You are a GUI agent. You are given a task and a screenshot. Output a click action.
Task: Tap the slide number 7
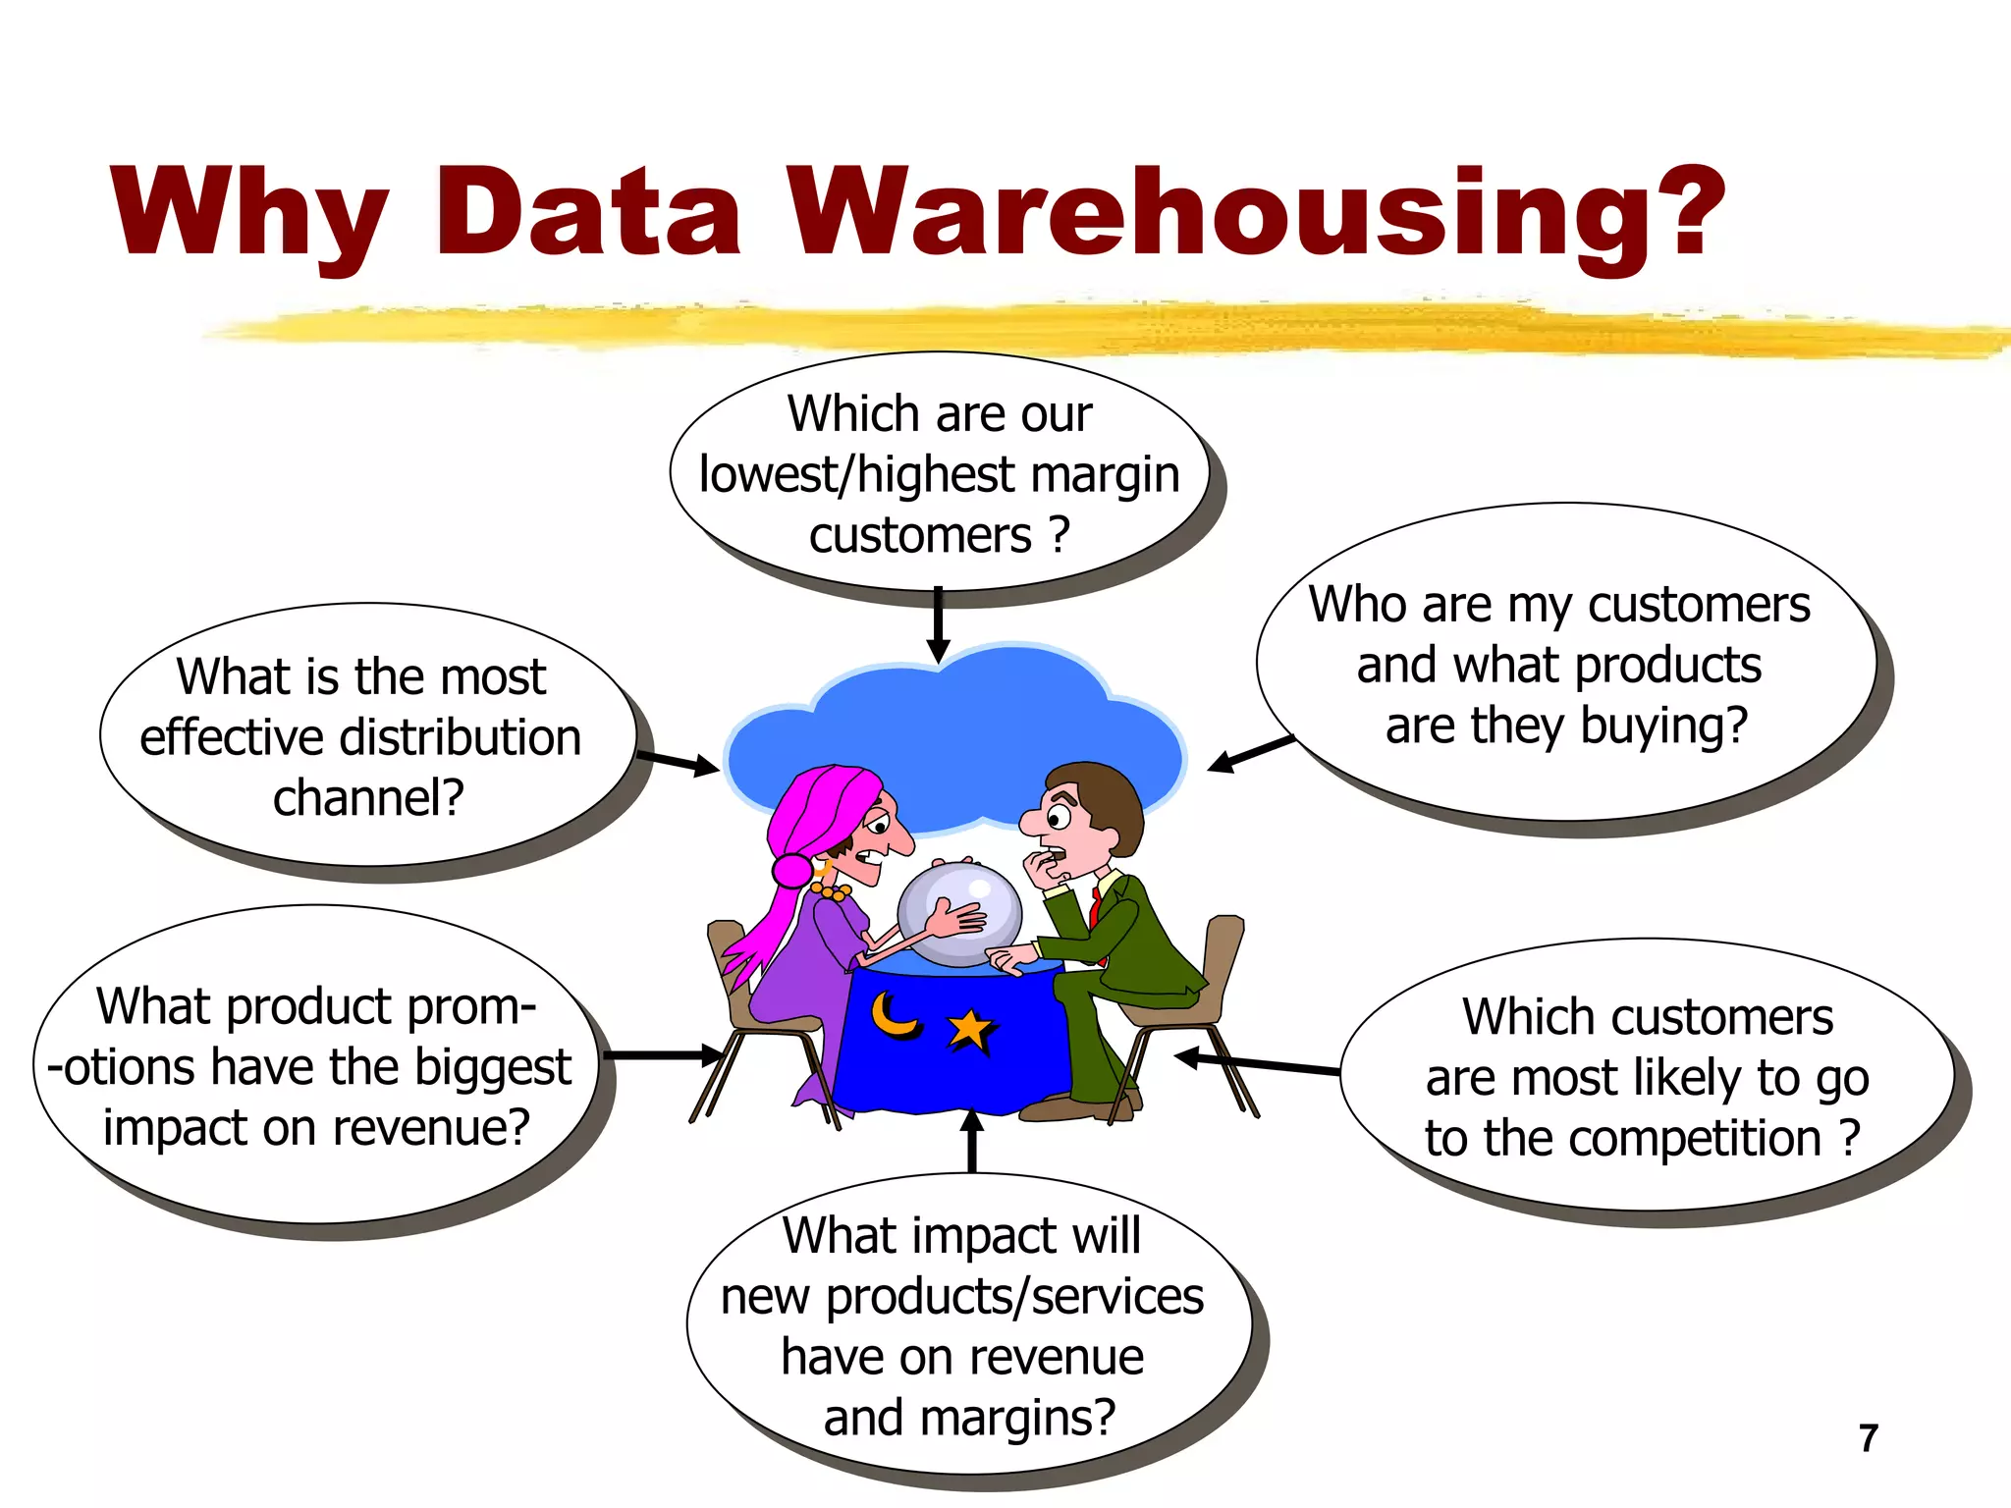(1869, 1438)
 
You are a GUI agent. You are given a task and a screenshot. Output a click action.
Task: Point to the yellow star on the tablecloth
(970, 1031)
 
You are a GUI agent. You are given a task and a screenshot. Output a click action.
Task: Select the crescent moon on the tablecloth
(895, 1016)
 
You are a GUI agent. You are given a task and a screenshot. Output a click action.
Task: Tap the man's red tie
(1094, 908)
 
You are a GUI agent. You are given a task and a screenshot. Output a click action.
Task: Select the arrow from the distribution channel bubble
(679, 761)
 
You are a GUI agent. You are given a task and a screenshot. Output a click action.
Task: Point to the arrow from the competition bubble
(1257, 1063)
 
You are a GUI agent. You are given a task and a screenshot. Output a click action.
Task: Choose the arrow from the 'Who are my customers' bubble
(1252, 754)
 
